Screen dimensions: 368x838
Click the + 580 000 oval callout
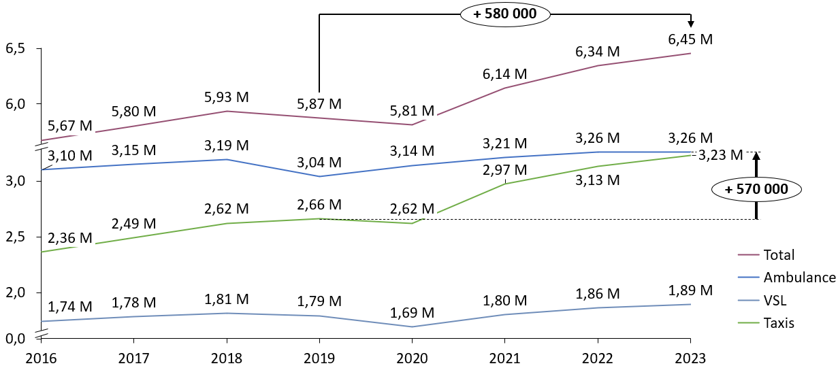(505, 14)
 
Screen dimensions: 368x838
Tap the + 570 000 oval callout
(756, 190)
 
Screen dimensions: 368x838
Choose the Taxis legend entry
(779, 323)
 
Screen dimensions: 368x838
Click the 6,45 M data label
(690, 39)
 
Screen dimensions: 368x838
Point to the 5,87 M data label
(319, 104)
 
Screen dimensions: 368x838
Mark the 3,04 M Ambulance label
(319, 163)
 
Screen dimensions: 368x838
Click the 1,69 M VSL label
(412, 313)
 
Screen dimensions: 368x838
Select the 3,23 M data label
(720, 155)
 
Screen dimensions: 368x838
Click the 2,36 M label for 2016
(70, 238)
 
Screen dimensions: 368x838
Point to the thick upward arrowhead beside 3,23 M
(756, 156)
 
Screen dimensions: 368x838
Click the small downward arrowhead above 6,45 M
(691, 24)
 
